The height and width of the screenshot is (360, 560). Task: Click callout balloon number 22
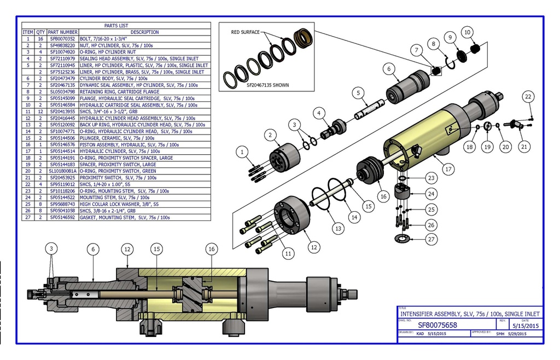528,97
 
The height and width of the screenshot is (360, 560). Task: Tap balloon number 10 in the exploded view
468,32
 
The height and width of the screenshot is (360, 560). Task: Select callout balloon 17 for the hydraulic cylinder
448,170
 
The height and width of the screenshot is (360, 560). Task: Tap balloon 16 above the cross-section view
211,249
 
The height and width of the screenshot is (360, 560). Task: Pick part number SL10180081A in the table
63,171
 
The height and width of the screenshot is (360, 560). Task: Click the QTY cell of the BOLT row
40,39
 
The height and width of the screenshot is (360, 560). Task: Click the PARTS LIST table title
115,26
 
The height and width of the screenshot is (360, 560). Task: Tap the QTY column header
40,32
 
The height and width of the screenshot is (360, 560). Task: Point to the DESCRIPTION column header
145,32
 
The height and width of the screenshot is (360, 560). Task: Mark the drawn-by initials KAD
420,333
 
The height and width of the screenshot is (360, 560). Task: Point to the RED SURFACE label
245,32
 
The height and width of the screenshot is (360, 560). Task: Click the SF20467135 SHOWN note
267,85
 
